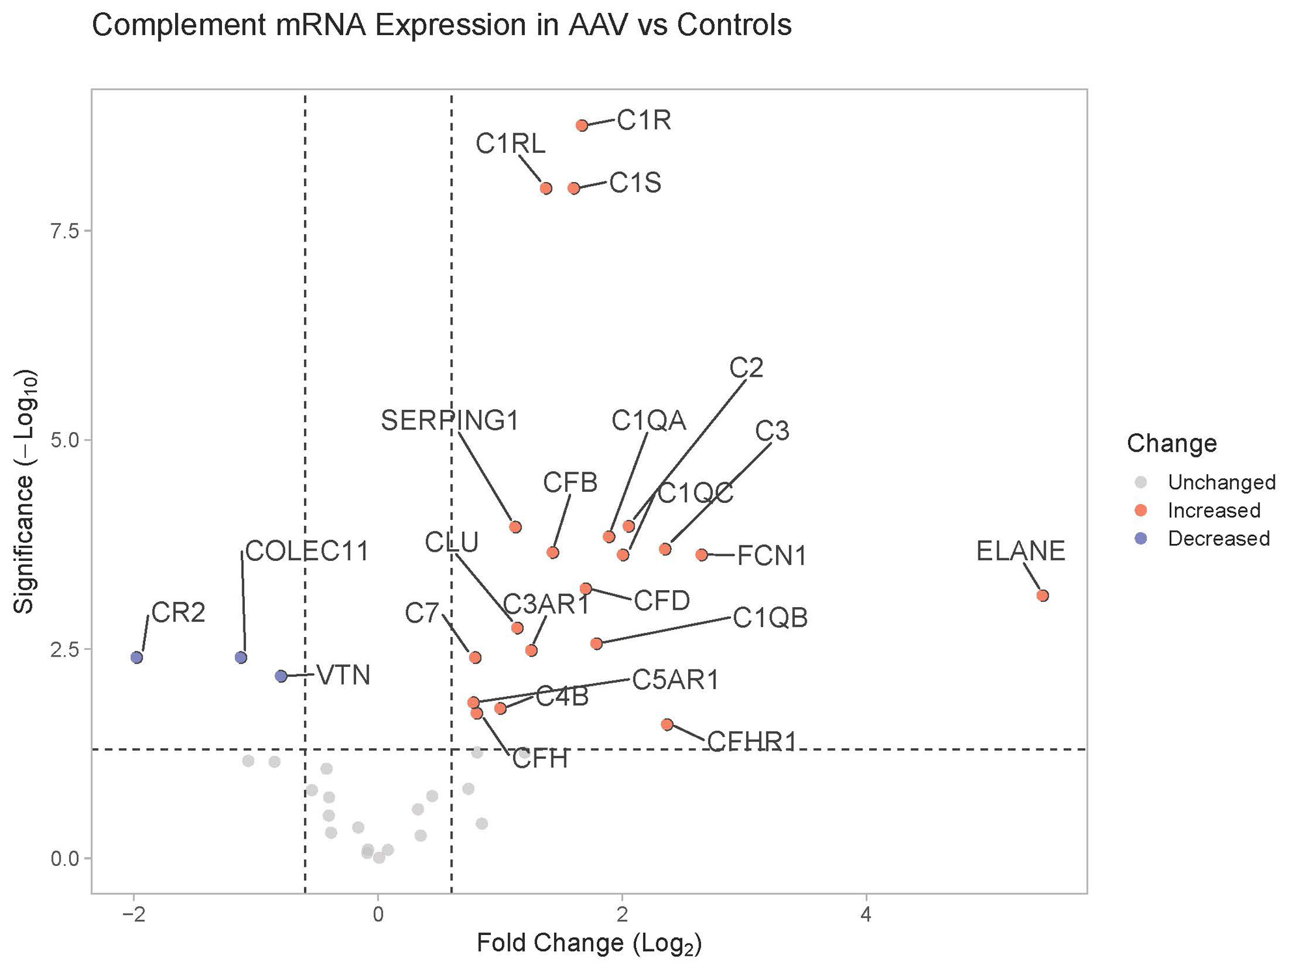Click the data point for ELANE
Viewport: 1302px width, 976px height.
pyautogui.click(x=1042, y=595)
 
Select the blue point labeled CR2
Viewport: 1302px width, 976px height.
pyautogui.click(x=136, y=657)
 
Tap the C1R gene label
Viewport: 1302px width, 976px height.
pyautogui.click(x=643, y=120)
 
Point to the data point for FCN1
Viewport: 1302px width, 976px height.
pyautogui.click(x=701, y=555)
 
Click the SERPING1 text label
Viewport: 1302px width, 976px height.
pyautogui.click(x=450, y=421)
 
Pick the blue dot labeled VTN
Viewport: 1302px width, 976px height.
pyautogui.click(x=281, y=676)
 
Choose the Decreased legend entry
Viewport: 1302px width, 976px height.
pyautogui.click(x=1218, y=538)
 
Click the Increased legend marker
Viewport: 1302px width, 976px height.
pyautogui.click(x=1140, y=510)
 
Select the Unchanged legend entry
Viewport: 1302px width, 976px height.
pyautogui.click(x=1221, y=482)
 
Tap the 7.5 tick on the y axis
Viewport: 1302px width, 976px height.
pyautogui.click(x=65, y=232)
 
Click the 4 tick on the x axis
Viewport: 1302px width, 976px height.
pyautogui.click(x=865, y=914)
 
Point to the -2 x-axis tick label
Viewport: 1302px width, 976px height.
pyautogui.click(x=133, y=914)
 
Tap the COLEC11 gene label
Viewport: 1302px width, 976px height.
pyautogui.click(x=307, y=552)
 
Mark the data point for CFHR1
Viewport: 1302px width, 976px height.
pyautogui.click(x=667, y=724)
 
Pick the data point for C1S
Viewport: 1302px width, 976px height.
pyautogui.click(x=574, y=188)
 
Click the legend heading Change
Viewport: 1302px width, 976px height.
pyautogui.click(x=1171, y=443)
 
